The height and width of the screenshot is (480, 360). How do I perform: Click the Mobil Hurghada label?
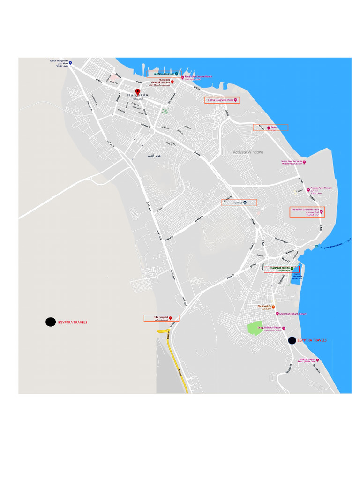pyautogui.click(x=60, y=61)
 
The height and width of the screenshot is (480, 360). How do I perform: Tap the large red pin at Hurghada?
pyautogui.click(x=138, y=91)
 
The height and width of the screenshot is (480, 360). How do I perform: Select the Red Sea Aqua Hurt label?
pyautogui.click(x=162, y=74)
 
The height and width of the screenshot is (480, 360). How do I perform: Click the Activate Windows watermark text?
pyautogui.click(x=248, y=152)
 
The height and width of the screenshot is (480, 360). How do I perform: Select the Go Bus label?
pyautogui.click(x=239, y=202)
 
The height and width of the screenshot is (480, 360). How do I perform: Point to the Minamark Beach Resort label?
pyautogui.click(x=292, y=313)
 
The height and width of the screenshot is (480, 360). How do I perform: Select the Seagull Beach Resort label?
pyautogui.click(x=271, y=328)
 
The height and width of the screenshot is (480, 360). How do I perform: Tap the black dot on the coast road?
pyautogui.click(x=292, y=340)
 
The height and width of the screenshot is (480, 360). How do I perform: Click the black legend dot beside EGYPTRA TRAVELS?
pyautogui.click(x=50, y=322)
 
